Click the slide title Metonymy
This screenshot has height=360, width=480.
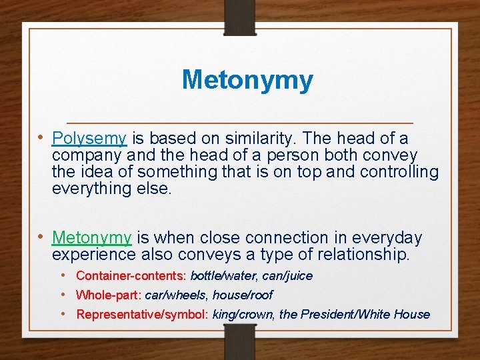(x=247, y=80)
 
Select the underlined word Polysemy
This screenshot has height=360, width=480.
(x=89, y=139)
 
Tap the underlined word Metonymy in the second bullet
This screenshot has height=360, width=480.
(x=92, y=238)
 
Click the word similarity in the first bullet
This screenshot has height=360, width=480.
(x=259, y=139)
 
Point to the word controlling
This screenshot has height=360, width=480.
(x=399, y=172)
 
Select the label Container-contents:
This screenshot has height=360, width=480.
(x=131, y=276)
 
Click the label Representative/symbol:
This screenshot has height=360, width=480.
(x=142, y=315)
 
